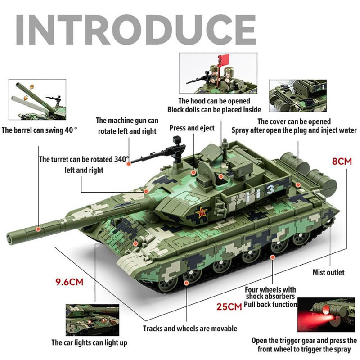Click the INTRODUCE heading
[x=136, y=30]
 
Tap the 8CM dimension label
[x=342, y=161]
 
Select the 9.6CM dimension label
[x=69, y=282]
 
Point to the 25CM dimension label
[x=229, y=306]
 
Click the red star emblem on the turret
[x=201, y=212]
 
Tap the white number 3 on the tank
[x=270, y=189]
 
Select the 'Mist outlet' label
[x=328, y=272]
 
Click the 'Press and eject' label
[x=192, y=128]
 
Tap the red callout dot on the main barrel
[x=38, y=229]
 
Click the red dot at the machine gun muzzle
[x=129, y=164]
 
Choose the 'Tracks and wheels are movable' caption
[x=190, y=328]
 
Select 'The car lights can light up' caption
[x=89, y=343]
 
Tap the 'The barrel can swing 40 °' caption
[x=39, y=130]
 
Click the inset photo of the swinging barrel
[x=37, y=99]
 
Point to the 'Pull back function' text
[x=270, y=305]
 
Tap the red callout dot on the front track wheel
[x=186, y=283]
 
